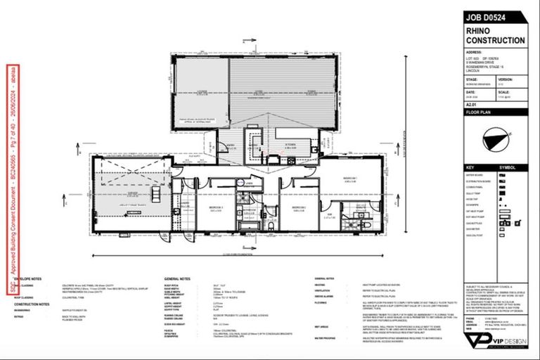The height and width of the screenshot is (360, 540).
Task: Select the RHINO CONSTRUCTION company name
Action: tap(495, 37)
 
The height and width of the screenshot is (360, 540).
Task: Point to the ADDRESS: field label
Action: tap(473, 52)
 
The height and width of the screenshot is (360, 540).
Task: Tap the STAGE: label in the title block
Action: tap(471, 79)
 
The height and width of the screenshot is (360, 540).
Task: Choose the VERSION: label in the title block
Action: tap(506, 79)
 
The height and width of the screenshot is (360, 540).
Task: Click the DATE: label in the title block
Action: tap(470, 91)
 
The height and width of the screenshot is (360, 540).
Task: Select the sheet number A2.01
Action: tap(472, 104)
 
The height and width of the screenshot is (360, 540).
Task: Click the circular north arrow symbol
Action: tap(495, 139)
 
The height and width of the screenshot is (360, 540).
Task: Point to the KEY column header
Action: tap(470, 167)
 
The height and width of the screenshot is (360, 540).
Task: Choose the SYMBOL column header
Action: tap(507, 167)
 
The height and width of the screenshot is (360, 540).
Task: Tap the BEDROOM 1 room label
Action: tap(350, 179)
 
